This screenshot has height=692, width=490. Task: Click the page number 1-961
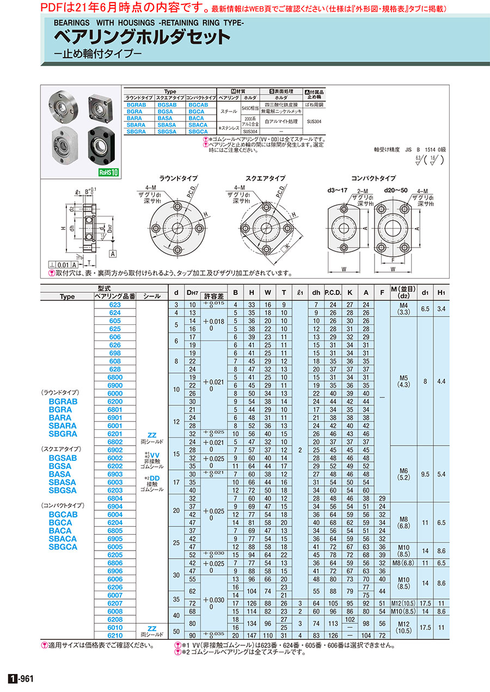point(22,678)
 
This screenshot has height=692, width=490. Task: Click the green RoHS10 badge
point(108,172)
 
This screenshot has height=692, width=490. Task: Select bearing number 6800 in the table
point(115,377)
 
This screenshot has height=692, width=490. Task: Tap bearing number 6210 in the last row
point(115,635)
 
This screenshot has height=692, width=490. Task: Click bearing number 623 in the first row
point(115,305)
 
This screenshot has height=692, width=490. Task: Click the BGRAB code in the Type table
point(136,104)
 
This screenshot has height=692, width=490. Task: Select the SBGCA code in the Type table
point(197,132)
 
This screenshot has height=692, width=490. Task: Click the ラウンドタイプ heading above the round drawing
point(178,178)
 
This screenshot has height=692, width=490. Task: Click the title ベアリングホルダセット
point(142,37)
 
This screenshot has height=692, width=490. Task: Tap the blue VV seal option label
point(155,454)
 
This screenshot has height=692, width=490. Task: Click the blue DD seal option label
point(155,478)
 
